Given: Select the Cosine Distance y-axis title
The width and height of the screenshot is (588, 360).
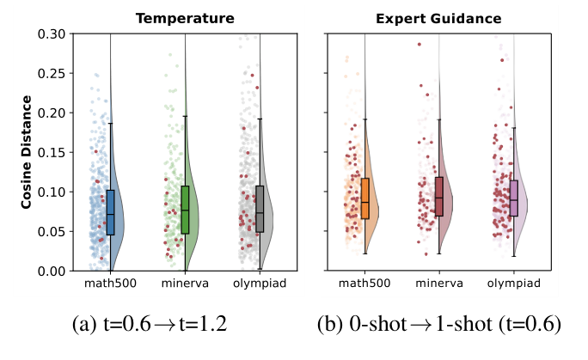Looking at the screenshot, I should [x=27, y=152].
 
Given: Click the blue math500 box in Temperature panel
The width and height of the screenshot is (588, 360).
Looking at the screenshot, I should [x=110, y=212].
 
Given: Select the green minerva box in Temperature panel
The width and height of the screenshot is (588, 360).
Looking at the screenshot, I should [x=185, y=210].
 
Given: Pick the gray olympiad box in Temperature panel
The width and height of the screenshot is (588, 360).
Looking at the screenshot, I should [x=260, y=209].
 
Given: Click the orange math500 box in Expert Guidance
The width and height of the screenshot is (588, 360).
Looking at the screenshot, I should [x=365, y=198].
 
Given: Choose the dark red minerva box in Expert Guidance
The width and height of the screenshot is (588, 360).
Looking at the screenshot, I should [x=439, y=196].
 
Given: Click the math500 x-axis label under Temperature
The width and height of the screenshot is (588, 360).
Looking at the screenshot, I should [x=109, y=284].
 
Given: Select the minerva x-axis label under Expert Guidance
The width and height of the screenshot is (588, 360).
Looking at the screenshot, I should [x=439, y=284].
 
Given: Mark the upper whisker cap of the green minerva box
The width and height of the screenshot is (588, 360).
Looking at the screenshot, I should [x=185, y=116].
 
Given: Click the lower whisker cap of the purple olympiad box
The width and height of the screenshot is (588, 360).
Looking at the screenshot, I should [x=514, y=255].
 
